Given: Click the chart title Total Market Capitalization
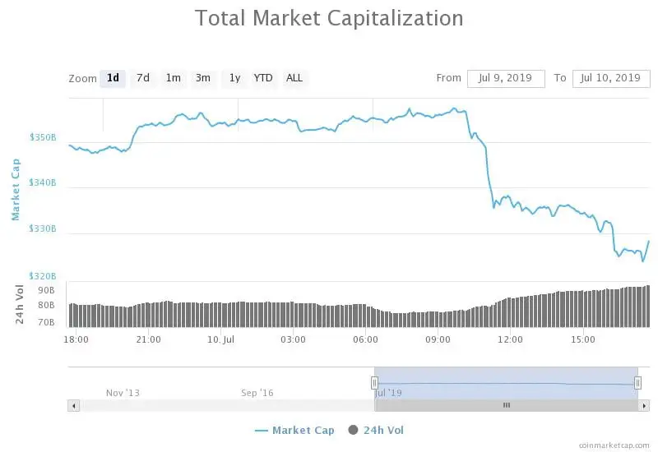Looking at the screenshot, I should pos(329,18).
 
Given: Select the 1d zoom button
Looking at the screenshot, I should pos(113,78).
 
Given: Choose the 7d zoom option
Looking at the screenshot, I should pos(143,78).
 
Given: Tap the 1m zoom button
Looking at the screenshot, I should pos(173,78).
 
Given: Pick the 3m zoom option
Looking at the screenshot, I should pos(202,78).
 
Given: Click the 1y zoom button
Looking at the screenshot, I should pos(234,78).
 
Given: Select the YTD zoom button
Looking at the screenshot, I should pos(263,78).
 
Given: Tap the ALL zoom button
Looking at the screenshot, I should pos(294,78).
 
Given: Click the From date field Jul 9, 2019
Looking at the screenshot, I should pos(506,78).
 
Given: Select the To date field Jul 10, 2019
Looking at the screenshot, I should pos(610,78).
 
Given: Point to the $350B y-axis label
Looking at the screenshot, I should pos(42,137).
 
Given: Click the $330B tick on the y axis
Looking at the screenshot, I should pos(42,229).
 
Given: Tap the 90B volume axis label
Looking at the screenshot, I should pos(45,290).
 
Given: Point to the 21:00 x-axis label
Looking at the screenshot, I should pos(148,339).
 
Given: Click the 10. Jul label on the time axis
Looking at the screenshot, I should pos(221,339).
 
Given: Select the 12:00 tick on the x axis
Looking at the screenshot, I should pos(510,339).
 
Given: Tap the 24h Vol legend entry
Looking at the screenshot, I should pos(376,430).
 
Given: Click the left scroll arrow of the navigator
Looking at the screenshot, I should pos(74,405).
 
